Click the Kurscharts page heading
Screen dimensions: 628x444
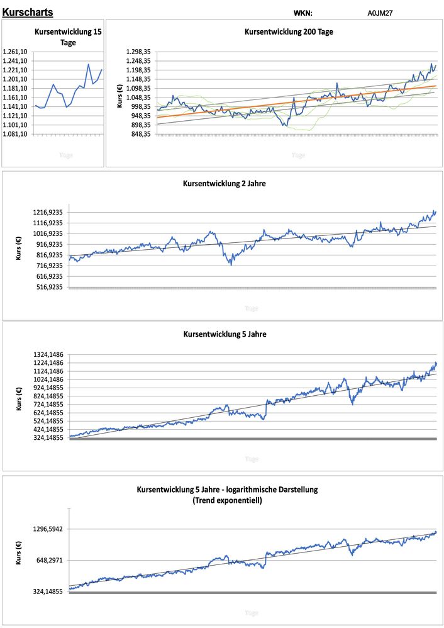click(28, 12)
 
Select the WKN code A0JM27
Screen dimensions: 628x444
click(380, 13)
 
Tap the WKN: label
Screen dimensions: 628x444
click(302, 13)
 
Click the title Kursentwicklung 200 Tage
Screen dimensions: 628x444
click(288, 31)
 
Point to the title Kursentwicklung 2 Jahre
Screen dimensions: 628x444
click(224, 184)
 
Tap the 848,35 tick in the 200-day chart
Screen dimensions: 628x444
click(140, 134)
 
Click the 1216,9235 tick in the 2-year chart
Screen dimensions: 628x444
click(47, 213)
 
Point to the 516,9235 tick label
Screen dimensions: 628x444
click(48, 287)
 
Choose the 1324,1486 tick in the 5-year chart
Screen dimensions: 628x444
click(48, 354)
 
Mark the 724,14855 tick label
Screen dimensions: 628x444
click(48, 404)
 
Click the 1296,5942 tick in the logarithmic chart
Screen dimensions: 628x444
click(48, 529)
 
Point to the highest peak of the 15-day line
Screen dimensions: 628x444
click(88, 64)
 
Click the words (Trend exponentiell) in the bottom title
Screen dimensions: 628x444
click(227, 501)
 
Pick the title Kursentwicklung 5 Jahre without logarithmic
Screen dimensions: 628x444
click(224, 334)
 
